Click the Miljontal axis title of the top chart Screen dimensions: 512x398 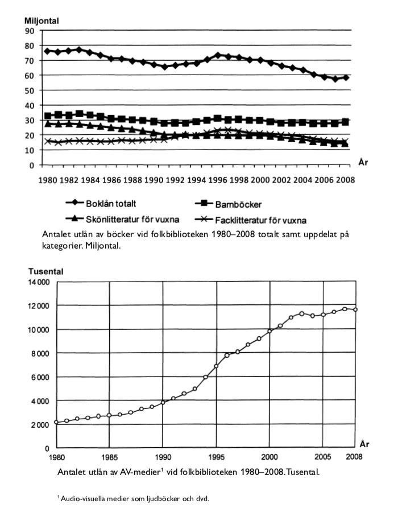pos(42,21)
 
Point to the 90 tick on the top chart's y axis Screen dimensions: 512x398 pos(30,31)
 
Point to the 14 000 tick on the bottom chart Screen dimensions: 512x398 pos(39,282)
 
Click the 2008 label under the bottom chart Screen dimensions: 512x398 pos(354,457)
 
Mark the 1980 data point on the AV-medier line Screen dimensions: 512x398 pos(56,422)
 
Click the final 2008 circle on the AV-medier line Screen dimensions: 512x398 pos(355,309)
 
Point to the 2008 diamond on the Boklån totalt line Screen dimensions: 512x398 pos(346,77)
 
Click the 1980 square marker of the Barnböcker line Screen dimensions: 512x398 pos(48,116)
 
